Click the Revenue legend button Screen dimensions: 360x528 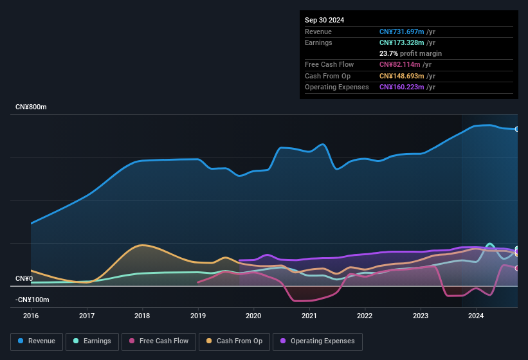[37, 341]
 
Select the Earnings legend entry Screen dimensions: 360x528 [92, 341]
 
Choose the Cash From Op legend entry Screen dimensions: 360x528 [234, 341]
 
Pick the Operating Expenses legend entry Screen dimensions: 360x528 [318, 341]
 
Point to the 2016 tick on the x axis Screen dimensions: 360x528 [31, 316]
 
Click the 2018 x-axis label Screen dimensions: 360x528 [142, 316]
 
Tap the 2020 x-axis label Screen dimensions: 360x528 [253, 316]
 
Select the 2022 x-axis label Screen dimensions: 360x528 [365, 316]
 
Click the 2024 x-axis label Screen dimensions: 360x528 [476, 316]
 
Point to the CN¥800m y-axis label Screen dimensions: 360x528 [31, 107]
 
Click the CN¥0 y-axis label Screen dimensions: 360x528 [24, 278]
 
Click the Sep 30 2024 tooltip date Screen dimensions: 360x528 [325, 20]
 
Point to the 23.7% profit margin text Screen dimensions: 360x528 [410, 53]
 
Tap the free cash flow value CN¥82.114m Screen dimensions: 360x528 [400, 64]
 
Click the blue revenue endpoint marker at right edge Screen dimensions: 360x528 [517, 129]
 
